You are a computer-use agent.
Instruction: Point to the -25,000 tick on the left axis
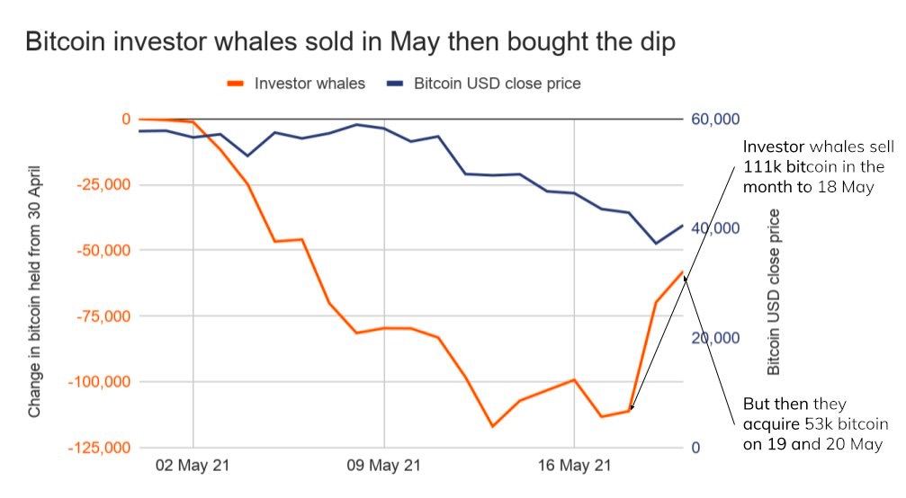pos(100,185)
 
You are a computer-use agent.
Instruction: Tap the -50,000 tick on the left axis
pos(100,250)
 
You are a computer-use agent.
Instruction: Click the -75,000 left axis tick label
pos(100,316)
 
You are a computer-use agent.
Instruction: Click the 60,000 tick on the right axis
pos(715,120)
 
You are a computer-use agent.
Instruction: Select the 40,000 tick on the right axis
pos(715,229)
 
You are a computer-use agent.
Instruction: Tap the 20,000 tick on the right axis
pos(715,339)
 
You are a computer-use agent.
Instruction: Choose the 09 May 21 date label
pos(384,467)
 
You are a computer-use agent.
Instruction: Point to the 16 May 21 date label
pos(574,467)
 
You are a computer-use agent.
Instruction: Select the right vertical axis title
pos(774,292)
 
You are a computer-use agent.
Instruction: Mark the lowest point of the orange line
pos(492,426)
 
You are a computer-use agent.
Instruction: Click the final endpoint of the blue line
pos(683,226)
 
